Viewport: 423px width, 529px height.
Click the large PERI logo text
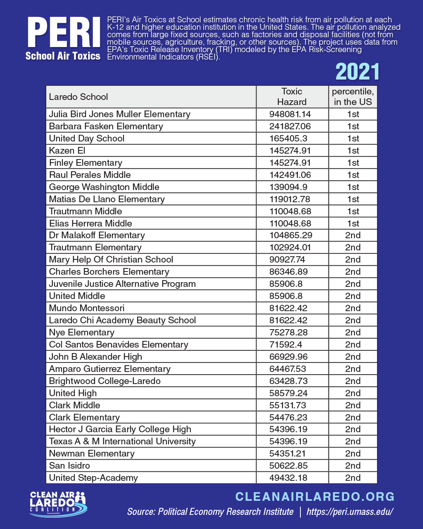(64, 33)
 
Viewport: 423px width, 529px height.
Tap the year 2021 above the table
(357, 72)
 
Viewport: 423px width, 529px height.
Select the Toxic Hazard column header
(292, 97)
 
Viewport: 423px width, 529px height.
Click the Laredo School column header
(78, 97)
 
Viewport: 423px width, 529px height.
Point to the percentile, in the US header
(352, 97)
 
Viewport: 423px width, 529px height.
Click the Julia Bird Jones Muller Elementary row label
(119, 114)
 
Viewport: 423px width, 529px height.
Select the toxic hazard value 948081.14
(290, 114)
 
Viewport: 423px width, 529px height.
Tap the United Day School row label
(87, 138)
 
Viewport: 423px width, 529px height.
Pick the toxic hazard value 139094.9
(288, 187)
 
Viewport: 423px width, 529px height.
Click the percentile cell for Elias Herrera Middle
(353, 223)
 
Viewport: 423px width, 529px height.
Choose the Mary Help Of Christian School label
(111, 259)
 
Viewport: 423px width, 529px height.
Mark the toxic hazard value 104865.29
(291, 235)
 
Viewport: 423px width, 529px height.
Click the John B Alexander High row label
(95, 357)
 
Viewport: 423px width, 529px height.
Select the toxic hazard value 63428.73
(288, 381)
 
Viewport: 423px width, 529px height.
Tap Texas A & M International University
(122, 441)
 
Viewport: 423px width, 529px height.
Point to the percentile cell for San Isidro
(353, 466)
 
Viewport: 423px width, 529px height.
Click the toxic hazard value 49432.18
(288, 478)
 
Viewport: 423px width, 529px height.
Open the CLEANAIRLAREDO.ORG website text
(315, 496)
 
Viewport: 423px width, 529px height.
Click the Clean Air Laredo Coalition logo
(58, 504)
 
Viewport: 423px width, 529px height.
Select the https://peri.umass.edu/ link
(350, 512)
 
